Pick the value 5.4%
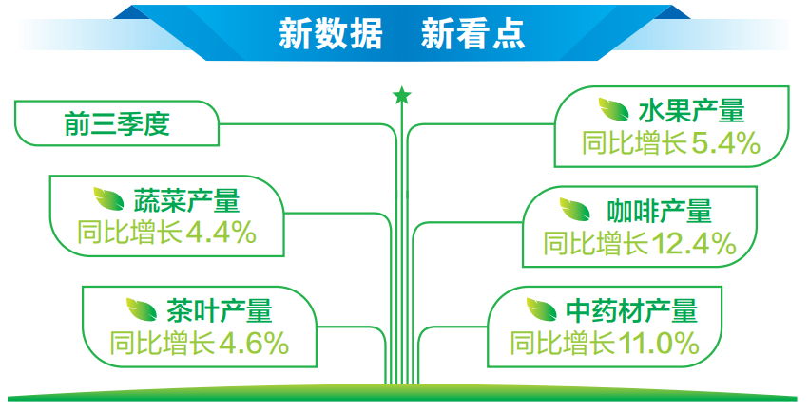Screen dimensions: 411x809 coord(725,143)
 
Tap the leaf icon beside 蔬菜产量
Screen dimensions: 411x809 coord(108,198)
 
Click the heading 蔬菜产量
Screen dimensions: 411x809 coord(186,199)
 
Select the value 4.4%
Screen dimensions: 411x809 coord(222,233)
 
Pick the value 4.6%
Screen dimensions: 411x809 coord(254,343)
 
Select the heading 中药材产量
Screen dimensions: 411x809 coord(631,309)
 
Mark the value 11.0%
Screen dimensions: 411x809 coord(660,343)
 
